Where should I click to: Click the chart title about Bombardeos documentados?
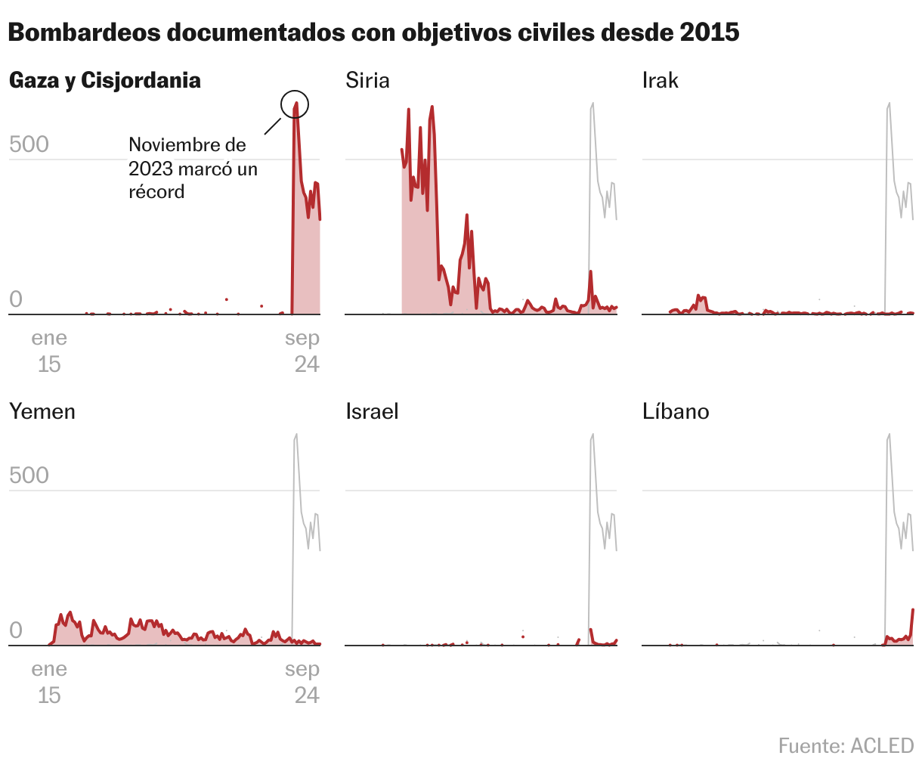point(373,33)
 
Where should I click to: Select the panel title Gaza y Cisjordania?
point(105,80)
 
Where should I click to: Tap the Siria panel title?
point(367,80)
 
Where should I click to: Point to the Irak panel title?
point(660,80)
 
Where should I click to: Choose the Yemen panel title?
point(42,411)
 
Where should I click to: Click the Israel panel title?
point(372,411)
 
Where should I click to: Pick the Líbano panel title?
point(676,411)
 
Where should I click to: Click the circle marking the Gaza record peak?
point(295,104)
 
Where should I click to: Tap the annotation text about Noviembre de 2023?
point(193,168)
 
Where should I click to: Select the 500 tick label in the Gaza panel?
point(29,144)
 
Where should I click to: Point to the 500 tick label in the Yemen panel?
point(29,475)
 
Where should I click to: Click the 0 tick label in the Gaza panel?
point(16,299)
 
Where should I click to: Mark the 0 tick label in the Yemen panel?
point(16,630)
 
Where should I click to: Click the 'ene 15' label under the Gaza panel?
point(49,351)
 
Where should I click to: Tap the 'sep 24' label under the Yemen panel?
point(303,682)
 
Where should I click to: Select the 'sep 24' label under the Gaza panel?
point(303,351)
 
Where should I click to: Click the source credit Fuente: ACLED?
point(846,745)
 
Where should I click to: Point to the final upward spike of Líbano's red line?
point(912,611)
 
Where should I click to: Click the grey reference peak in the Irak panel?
point(889,104)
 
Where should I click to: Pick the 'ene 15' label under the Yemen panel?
point(49,682)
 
